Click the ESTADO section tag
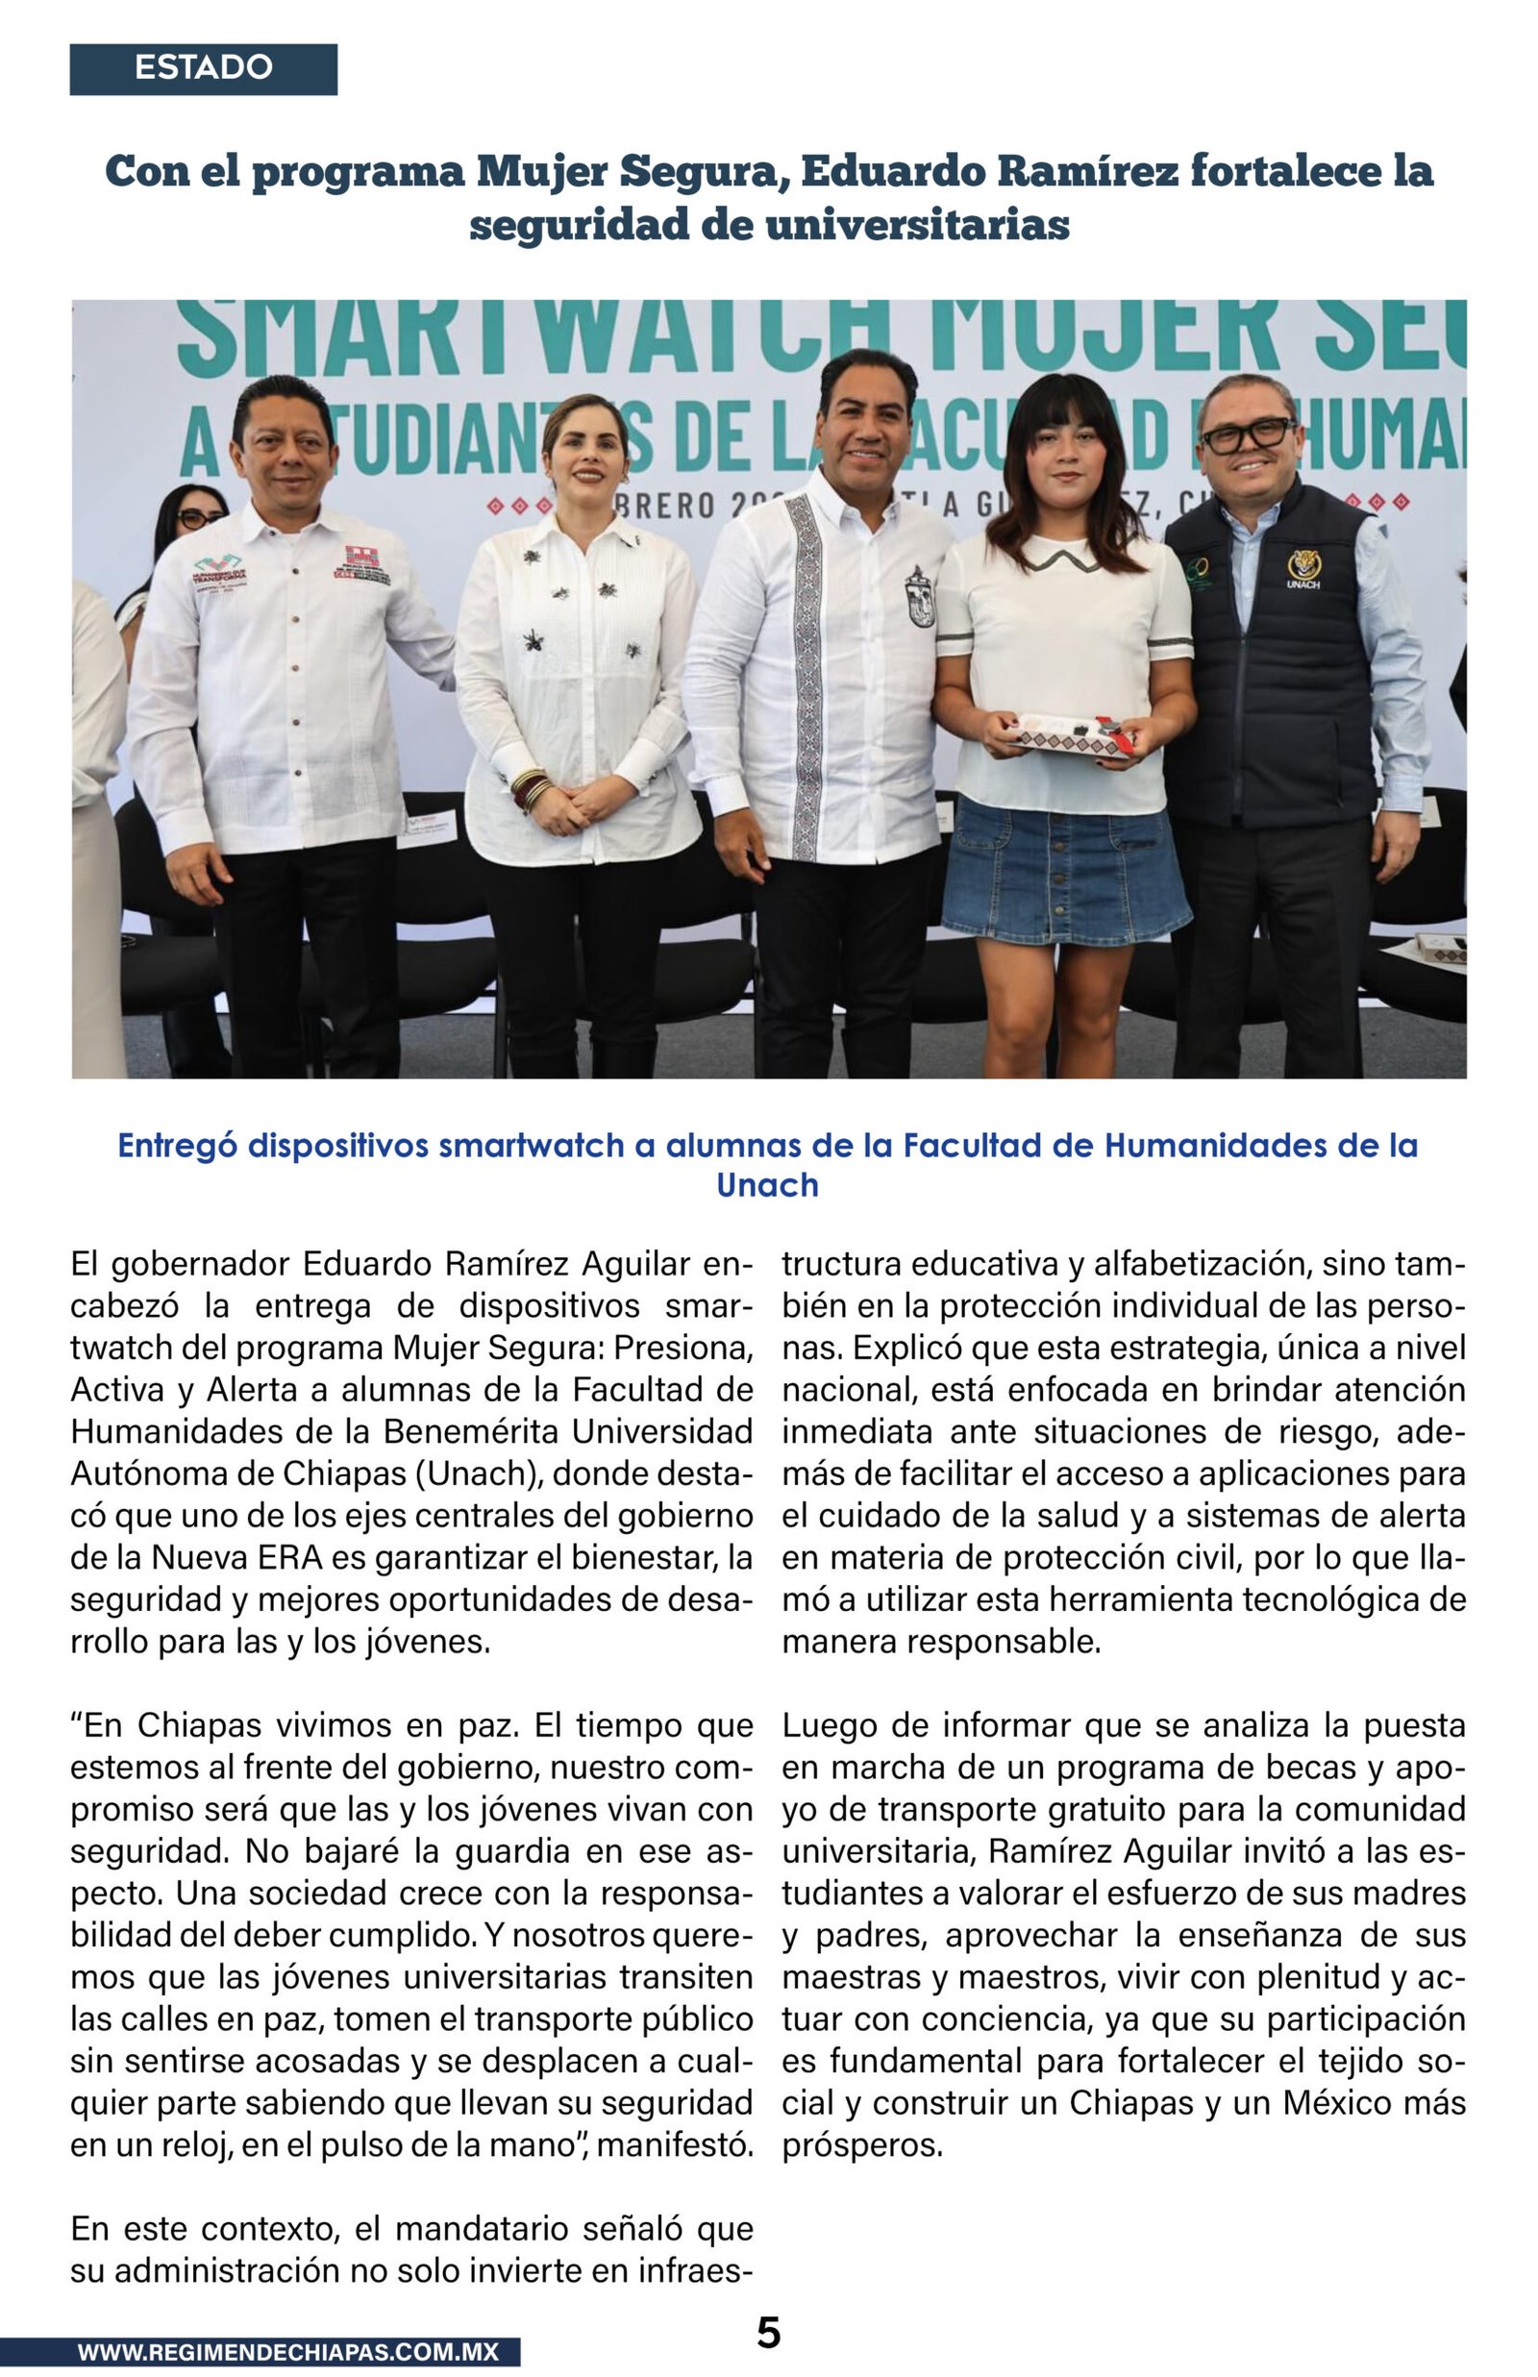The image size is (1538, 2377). [x=203, y=69]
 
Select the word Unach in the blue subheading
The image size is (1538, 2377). [x=767, y=1185]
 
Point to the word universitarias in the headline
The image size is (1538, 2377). [x=918, y=225]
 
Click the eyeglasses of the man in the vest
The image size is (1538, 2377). [x=1248, y=434]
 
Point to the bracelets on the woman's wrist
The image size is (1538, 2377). [x=530, y=792]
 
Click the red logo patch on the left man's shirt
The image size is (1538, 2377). [x=361, y=566]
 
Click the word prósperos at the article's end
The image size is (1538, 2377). [x=862, y=2145]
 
